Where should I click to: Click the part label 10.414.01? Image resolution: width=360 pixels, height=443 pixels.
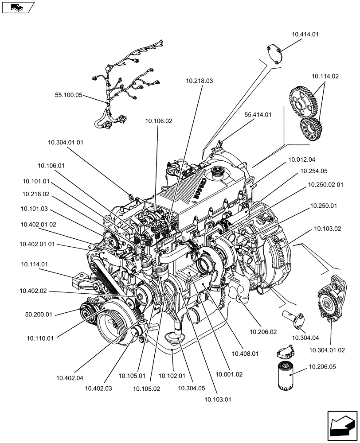305,34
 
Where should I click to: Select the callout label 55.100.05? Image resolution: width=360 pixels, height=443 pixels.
69,95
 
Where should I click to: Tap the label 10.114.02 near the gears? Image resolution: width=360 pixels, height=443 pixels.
325,76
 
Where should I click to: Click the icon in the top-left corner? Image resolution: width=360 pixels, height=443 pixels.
18,7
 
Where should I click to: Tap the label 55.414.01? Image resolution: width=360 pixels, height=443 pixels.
258,114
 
